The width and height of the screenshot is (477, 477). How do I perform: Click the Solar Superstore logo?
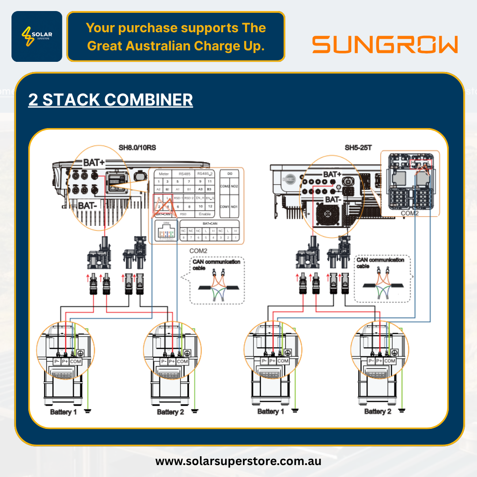point(37,36)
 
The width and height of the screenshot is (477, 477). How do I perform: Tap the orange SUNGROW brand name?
point(385,45)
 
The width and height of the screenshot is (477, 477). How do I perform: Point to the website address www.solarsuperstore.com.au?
point(238,461)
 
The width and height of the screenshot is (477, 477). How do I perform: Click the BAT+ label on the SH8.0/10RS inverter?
point(94,163)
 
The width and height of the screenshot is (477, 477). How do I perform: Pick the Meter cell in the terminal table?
point(164,174)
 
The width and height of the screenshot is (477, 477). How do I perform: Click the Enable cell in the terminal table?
point(204,214)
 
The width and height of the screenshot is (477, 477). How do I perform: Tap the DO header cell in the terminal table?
point(229,174)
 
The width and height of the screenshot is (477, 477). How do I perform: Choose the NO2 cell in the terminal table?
point(235,186)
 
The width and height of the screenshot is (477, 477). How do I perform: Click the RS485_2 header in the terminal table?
point(204,174)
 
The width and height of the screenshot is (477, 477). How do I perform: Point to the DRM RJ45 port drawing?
point(167,231)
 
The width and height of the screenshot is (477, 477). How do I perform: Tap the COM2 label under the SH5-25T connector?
point(410,213)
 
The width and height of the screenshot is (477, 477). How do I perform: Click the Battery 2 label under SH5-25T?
point(378,411)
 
